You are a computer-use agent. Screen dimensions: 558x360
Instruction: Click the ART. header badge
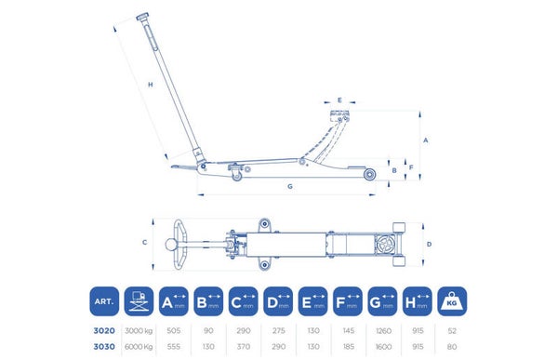click(x=104, y=301)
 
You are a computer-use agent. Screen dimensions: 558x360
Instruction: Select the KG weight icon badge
click(x=452, y=301)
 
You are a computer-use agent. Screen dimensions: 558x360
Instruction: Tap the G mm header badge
click(x=382, y=301)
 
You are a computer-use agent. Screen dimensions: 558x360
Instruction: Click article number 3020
click(x=104, y=331)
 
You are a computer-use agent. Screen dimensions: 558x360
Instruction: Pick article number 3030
click(x=104, y=346)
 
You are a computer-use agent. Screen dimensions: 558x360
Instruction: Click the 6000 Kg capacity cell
click(x=139, y=346)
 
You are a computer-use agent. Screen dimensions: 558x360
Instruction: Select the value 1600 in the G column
click(x=383, y=346)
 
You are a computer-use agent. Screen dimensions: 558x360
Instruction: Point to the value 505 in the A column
click(x=174, y=331)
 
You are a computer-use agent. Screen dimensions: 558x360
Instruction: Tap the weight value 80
click(x=452, y=346)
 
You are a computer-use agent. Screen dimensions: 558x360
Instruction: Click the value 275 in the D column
click(x=278, y=331)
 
